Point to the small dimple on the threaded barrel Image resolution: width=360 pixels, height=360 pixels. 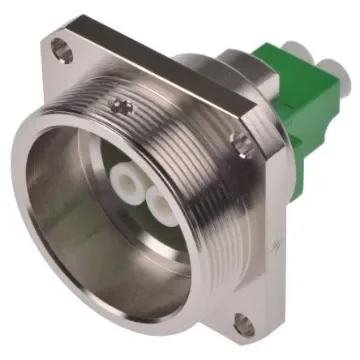(x=121, y=104)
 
